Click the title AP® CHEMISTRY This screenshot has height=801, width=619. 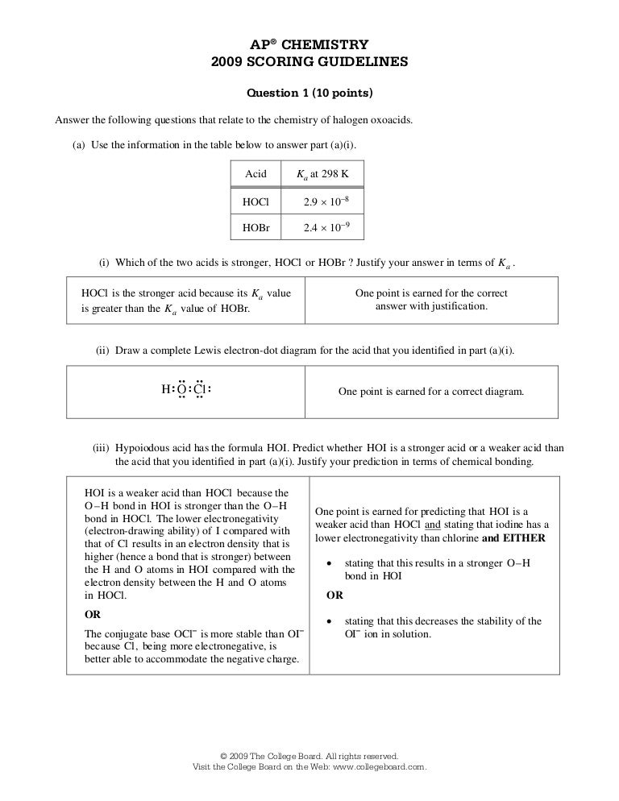309,45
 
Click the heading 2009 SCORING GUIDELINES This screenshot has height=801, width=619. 309,61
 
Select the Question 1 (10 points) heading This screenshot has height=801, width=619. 309,93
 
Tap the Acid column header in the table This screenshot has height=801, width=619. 255,174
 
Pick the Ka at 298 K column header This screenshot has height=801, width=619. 320,174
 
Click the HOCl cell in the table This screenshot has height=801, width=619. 255,201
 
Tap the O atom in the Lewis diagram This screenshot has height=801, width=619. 181,390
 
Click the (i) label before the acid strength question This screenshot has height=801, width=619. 104,263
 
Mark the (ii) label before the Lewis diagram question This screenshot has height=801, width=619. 102,351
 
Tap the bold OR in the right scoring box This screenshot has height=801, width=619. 334,596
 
